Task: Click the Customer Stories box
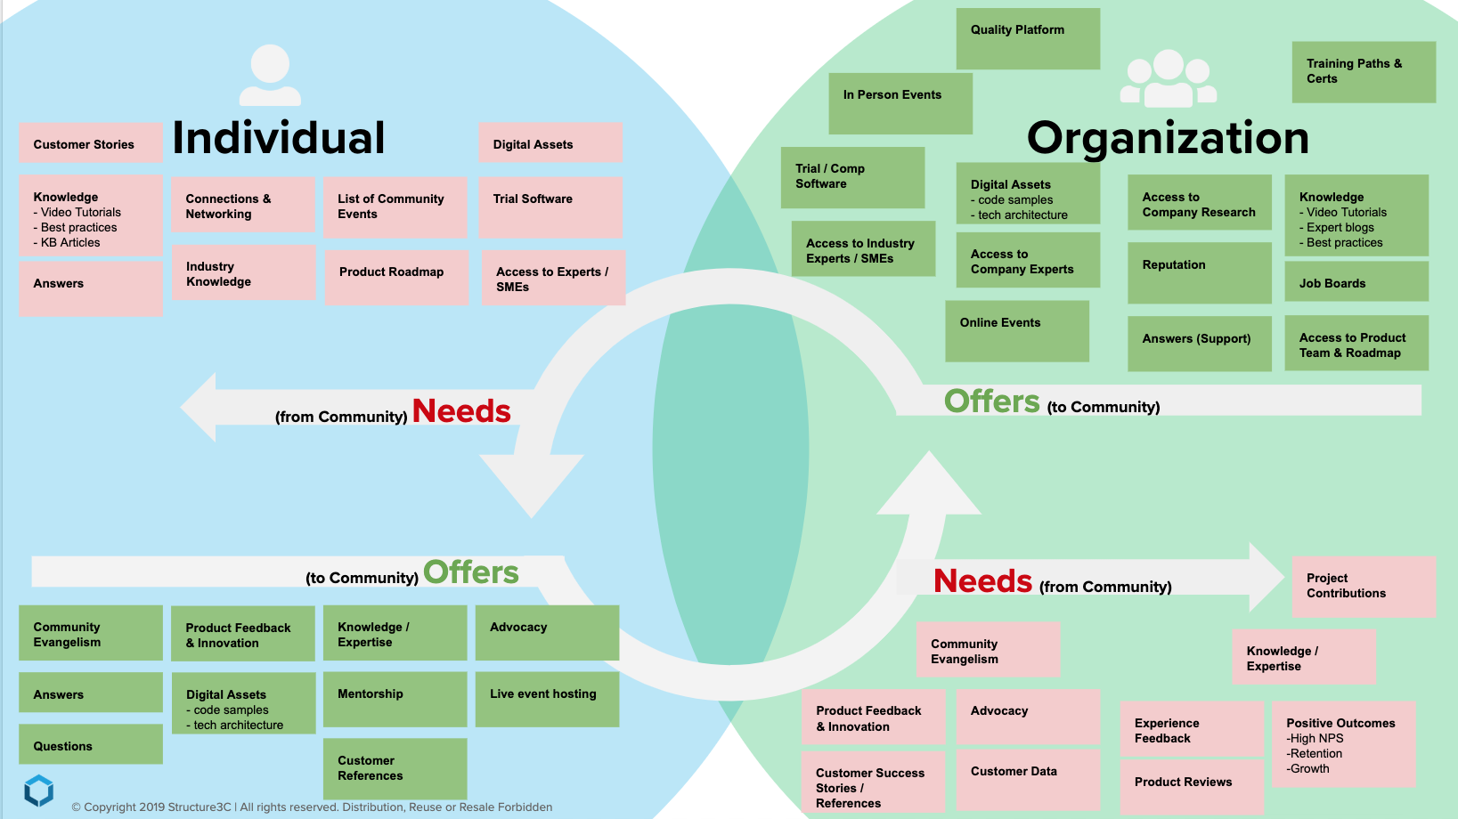[x=91, y=143]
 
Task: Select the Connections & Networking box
[x=242, y=206]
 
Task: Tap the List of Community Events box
[x=395, y=207]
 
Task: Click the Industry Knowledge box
[x=243, y=273]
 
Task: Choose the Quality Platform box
[x=1028, y=39]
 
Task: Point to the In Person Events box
[x=900, y=103]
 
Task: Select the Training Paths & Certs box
[x=1364, y=72]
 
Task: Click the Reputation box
[x=1199, y=272]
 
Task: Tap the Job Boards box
[x=1356, y=282]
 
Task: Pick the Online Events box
[x=1016, y=330]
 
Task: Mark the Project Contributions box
[x=1364, y=586]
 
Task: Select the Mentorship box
[x=395, y=699]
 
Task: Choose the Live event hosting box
[x=547, y=699]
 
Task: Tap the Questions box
[x=91, y=744]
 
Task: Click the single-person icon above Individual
[x=270, y=75]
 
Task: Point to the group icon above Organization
[x=1168, y=78]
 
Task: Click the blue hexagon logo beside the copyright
[x=38, y=790]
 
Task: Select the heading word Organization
[x=1168, y=139]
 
